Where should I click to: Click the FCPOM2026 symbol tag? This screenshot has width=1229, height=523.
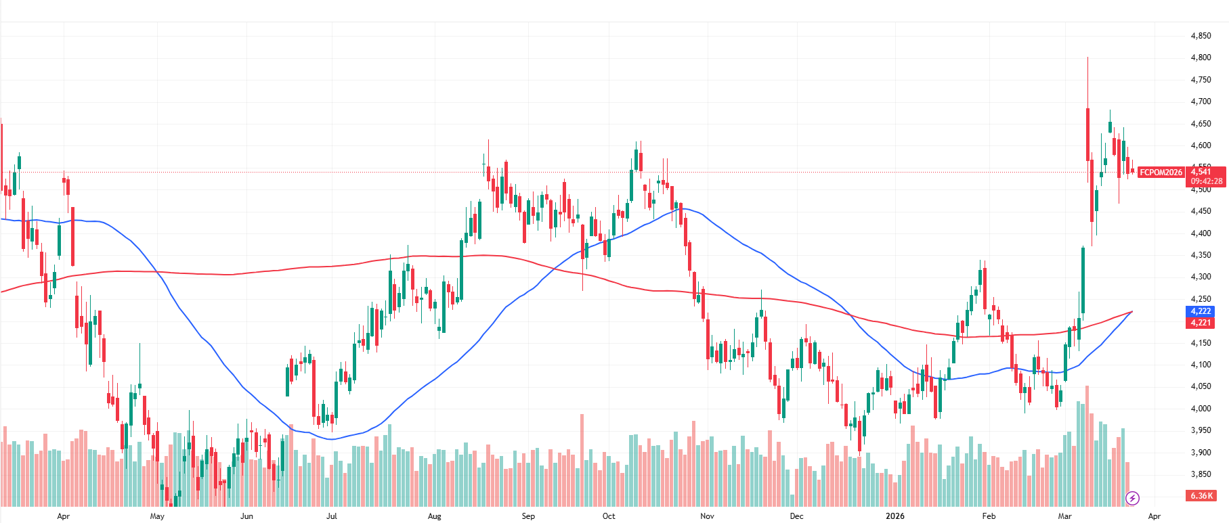(1161, 173)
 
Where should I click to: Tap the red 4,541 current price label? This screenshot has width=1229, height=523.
(1201, 172)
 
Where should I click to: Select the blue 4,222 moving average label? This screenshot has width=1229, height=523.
(1201, 311)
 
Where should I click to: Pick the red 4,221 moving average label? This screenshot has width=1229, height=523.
(1201, 323)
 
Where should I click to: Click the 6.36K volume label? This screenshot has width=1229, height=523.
(1201, 496)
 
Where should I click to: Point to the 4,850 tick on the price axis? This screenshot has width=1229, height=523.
(1201, 36)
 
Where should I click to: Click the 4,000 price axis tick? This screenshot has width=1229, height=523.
(1201, 409)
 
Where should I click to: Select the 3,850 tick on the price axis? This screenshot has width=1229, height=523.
(1201, 474)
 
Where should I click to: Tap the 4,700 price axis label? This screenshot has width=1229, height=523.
(1201, 101)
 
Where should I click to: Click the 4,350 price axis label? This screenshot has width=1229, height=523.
(1201, 255)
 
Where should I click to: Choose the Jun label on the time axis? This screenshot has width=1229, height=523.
(246, 516)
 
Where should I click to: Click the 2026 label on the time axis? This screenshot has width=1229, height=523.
(894, 516)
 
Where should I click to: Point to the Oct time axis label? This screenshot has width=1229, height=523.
(609, 516)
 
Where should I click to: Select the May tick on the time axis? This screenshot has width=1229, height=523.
(157, 516)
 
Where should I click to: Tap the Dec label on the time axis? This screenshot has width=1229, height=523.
(796, 516)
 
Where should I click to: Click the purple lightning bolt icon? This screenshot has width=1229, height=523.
(1132, 499)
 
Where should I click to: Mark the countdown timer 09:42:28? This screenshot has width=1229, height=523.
(1207, 181)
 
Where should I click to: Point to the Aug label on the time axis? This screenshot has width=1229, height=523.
(435, 516)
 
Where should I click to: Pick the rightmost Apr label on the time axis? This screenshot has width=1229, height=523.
(1154, 516)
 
